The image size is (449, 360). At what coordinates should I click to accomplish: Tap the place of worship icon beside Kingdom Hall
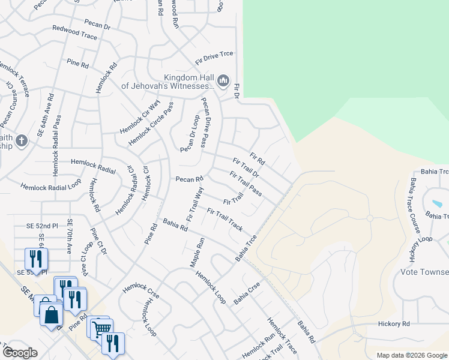223,80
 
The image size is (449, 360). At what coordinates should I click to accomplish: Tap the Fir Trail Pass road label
246,183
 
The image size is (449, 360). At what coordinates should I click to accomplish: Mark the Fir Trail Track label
225,220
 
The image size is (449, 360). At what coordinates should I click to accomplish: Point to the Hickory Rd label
394,323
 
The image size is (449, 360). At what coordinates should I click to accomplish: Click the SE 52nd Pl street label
42,226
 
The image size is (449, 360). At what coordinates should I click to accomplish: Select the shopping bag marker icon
52,313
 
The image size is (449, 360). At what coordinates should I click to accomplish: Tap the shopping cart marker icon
101,328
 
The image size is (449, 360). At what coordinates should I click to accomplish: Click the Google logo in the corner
20,353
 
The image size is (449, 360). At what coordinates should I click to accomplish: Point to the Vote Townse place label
424,272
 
